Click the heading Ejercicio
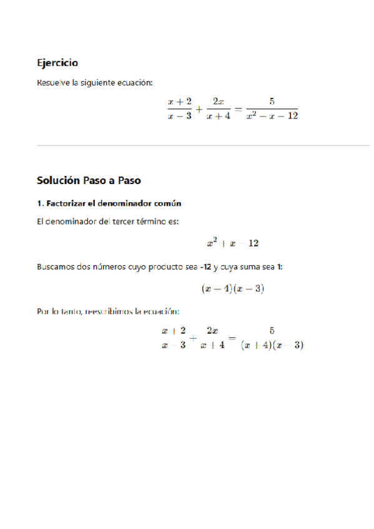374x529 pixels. (x=57, y=63)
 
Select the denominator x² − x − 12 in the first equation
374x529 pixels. (x=272, y=116)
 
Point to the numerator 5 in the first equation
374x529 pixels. (x=272, y=101)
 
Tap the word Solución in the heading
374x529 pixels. (x=59, y=181)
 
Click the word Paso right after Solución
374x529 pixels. (x=95, y=181)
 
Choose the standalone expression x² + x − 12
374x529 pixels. (x=233, y=243)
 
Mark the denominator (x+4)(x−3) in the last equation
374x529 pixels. (x=272, y=346)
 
